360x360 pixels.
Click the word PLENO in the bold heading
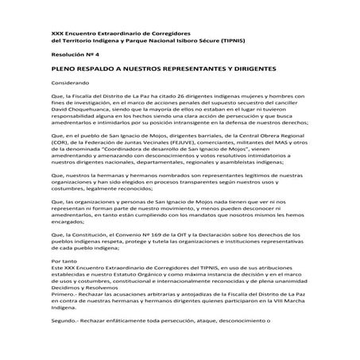click(60, 70)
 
